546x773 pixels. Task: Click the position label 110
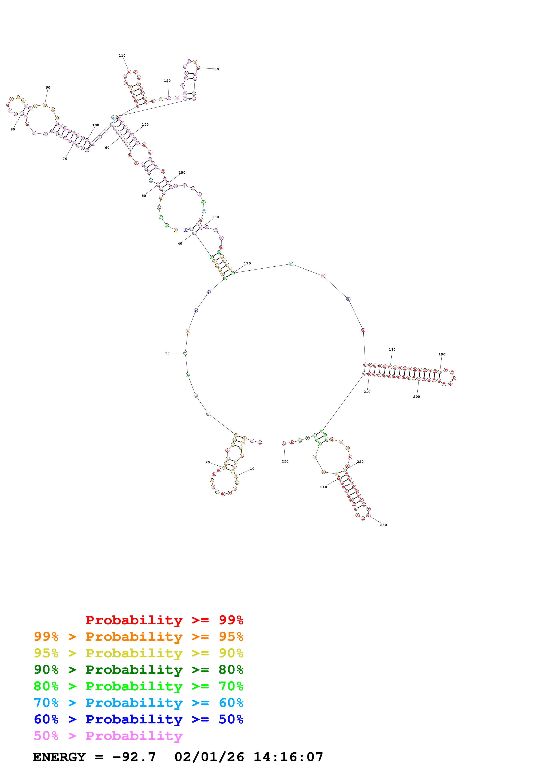(x=122, y=56)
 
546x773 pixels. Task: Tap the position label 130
(x=215, y=69)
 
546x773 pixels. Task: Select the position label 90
(x=48, y=87)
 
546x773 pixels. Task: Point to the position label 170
(x=247, y=263)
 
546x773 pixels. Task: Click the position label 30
(x=167, y=353)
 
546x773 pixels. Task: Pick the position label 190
(x=442, y=354)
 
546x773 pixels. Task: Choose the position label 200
(x=416, y=397)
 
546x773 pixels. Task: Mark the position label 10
(x=252, y=469)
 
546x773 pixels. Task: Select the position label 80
(x=13, y=129)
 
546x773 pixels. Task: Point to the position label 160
(x=215, y=217)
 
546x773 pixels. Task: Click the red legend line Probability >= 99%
(x=164, y=620)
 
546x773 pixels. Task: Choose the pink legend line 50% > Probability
(x=108, y=736)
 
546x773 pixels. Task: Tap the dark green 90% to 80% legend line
(x=138, y=670)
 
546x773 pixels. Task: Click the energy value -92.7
(x=134, y=757)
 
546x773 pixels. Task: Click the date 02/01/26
(x=209, y=757)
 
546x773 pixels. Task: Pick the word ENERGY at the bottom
(x=59, y=757)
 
